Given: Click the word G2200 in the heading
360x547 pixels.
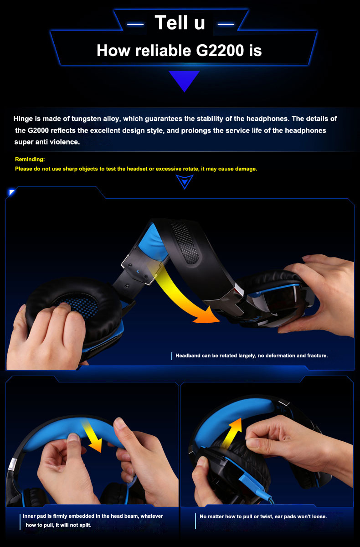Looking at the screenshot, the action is tap(220, 51).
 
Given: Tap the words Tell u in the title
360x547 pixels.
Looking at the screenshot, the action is tap(180, 22).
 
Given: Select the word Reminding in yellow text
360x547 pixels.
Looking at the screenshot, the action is tap(30, 159).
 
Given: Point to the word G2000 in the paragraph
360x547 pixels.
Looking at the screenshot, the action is tap(38, 130).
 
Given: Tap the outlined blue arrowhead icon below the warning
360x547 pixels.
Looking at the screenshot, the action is tap(185, 182).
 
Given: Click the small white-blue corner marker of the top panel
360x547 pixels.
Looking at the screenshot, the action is tap(12, 192).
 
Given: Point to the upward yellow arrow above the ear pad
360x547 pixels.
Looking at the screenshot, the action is tap(233, 433).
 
